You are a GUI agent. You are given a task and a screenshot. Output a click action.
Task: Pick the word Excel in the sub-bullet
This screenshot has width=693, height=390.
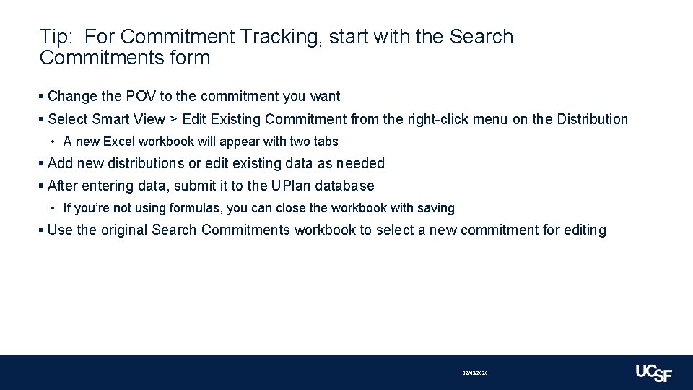[x=119, y=142]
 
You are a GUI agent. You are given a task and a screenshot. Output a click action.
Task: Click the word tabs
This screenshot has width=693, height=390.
[x=325, y=142]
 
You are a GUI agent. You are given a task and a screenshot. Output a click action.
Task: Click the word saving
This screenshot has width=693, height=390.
[x=436, y=208]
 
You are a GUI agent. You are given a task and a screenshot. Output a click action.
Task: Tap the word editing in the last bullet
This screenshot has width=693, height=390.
[x=583, y=230]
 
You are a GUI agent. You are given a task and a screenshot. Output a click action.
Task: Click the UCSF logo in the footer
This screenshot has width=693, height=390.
[x=653, y=373]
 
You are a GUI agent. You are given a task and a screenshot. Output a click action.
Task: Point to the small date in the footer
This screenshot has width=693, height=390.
[x=475, y=373]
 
